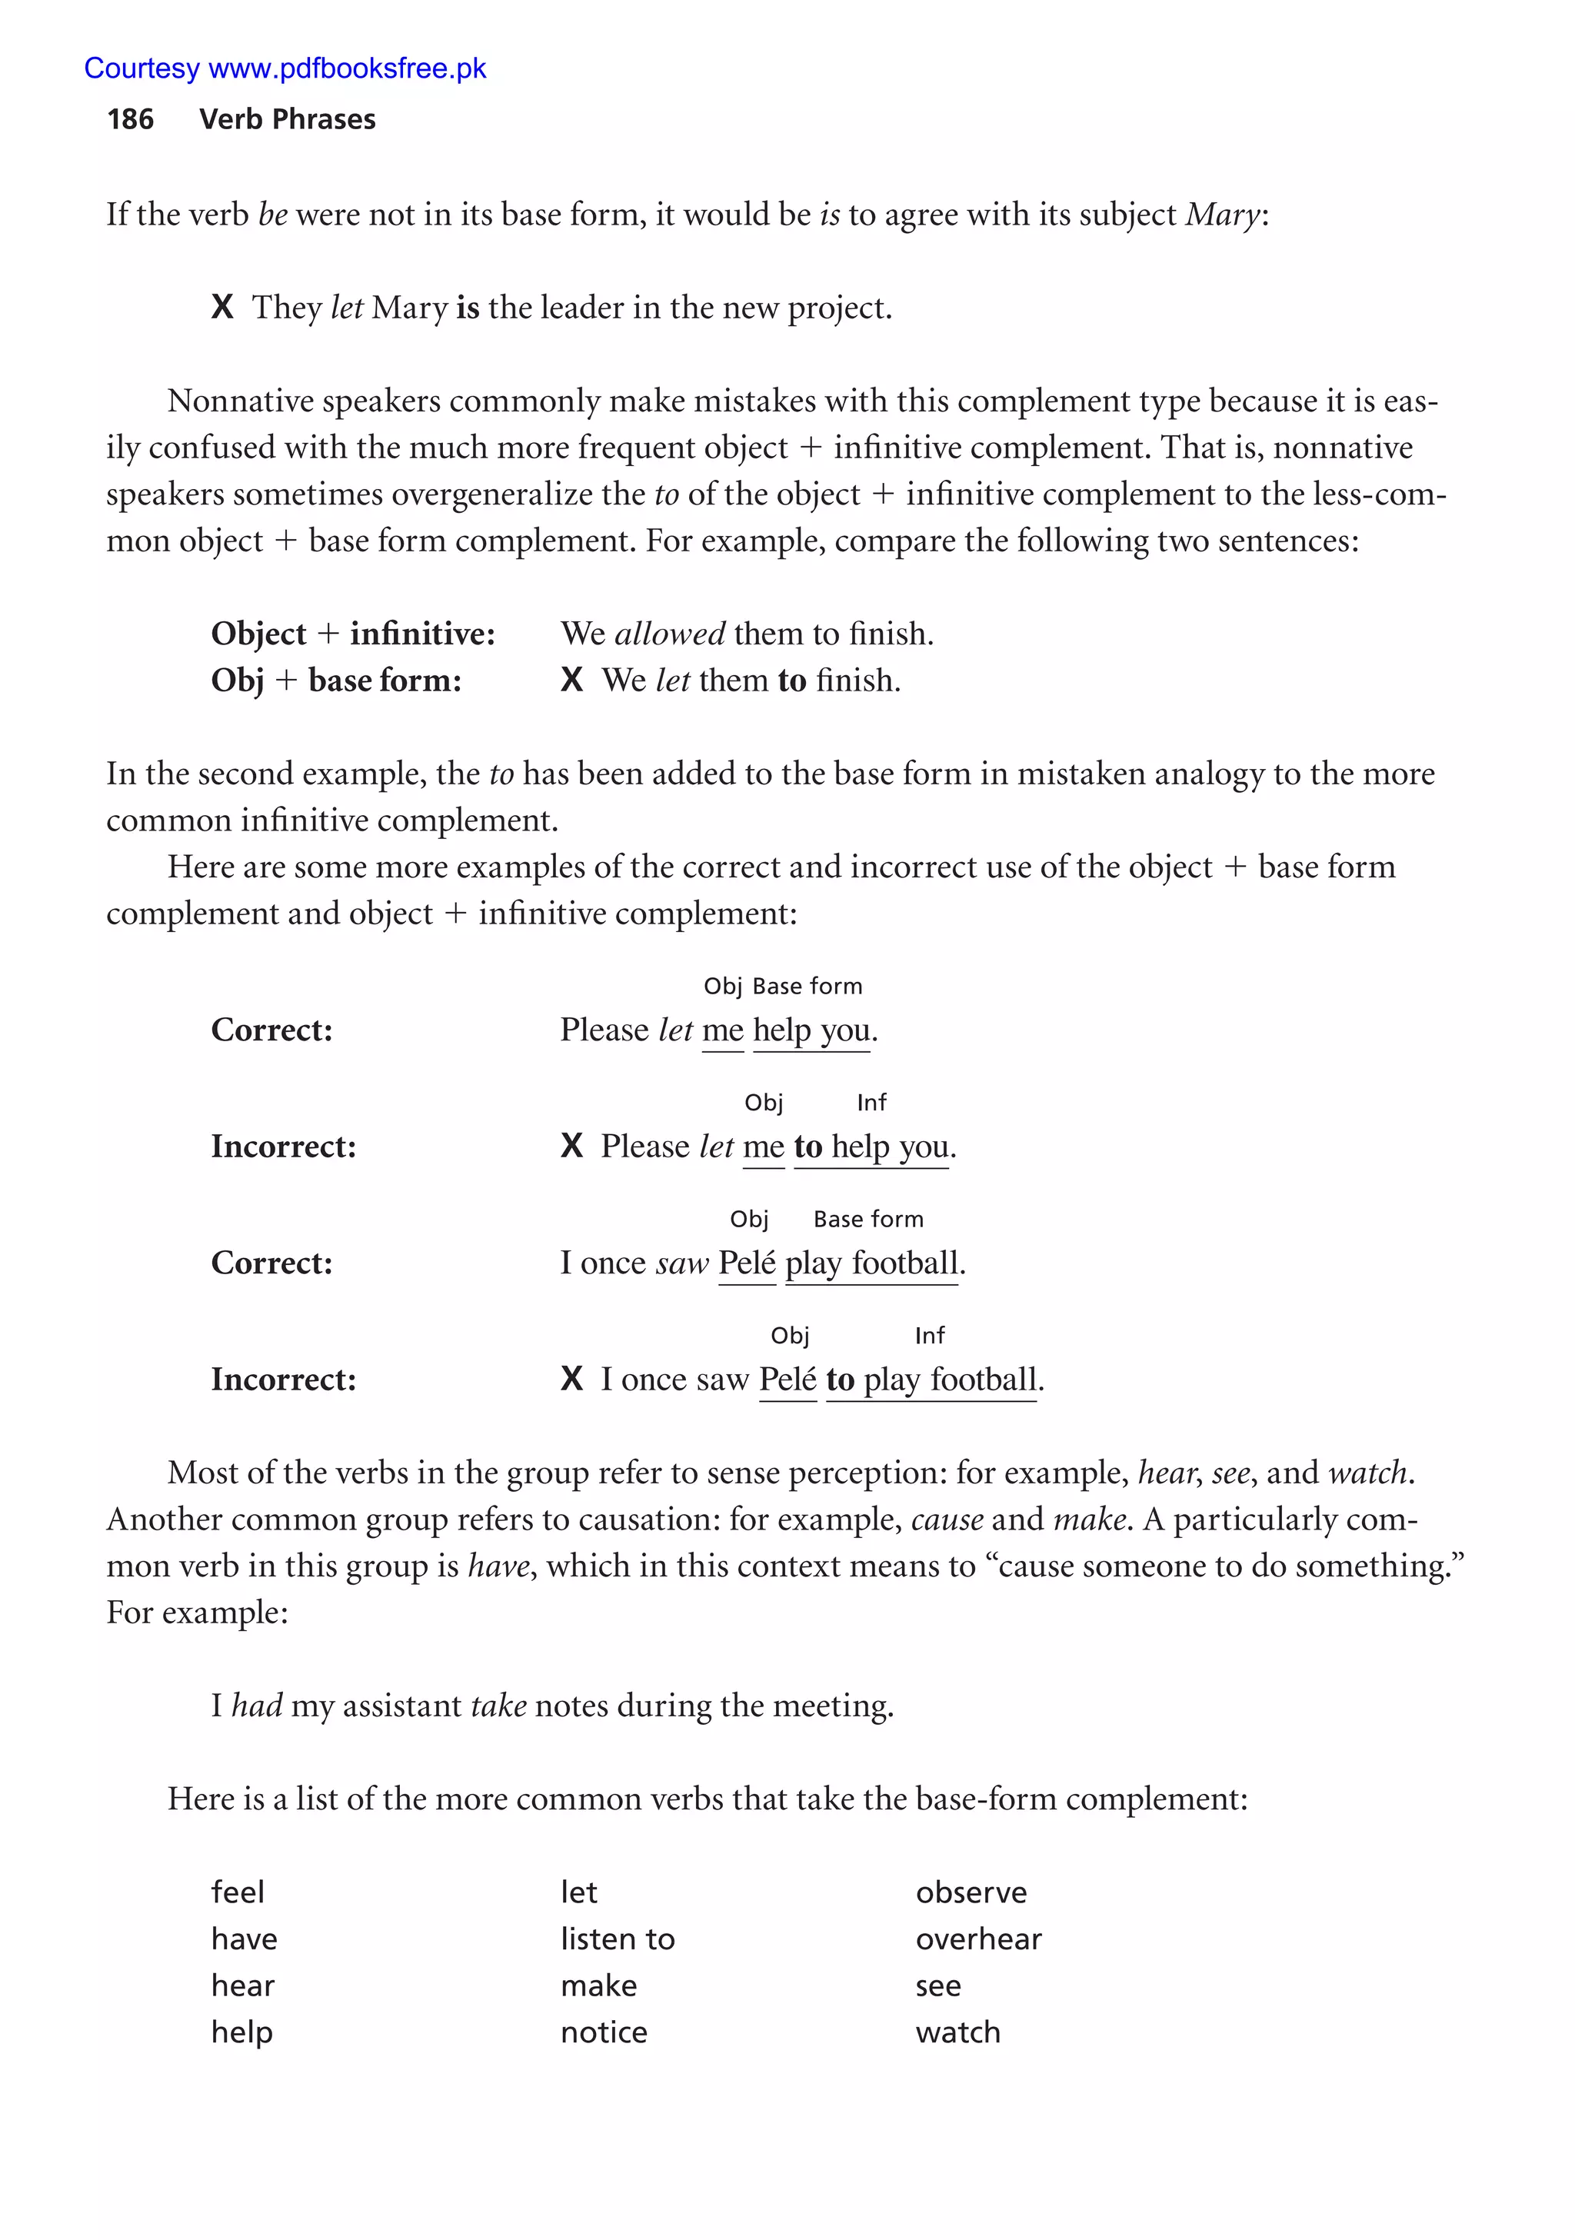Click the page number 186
(x=130, y=119)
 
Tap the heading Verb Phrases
(x=287, y=119)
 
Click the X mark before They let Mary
(x=221, y=308)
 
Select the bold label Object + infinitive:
(x=352, y=634)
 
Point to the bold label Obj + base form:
(x=336, y=681)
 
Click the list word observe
(x=970, y=1892)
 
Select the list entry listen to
(x=617, y=1939)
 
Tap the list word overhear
(x=977, y=1939)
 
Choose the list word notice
(x=603, y=2032)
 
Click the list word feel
(x=237, y=1892)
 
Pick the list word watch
(x=957, y=2032)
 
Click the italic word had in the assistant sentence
(x=257, y=1706)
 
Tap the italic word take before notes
(x=498, y=1706)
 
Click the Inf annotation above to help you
(x=871, y=1103)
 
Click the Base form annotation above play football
(x=867, y=1220)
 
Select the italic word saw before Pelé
(x=682, y=1263)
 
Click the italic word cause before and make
(x=947, y=1520)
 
